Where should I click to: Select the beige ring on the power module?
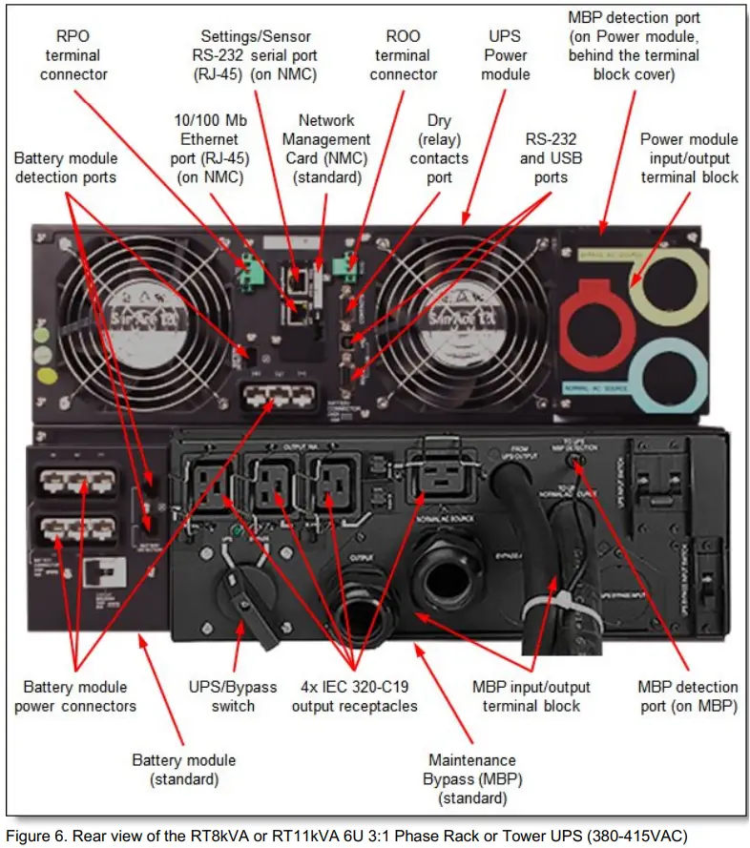tap(674, 287)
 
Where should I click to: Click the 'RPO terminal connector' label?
tap(73, 55)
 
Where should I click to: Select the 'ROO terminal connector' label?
tap(403, 55)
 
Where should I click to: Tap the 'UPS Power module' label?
tap(505, 55)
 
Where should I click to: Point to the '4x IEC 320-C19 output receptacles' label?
tap(354, 696)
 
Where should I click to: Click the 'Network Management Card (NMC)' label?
tap(327, 149)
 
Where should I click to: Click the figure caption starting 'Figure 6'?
tap(345, 837)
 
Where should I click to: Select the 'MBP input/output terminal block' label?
tap(531, 696)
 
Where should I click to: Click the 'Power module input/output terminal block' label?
tap(688, 158)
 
